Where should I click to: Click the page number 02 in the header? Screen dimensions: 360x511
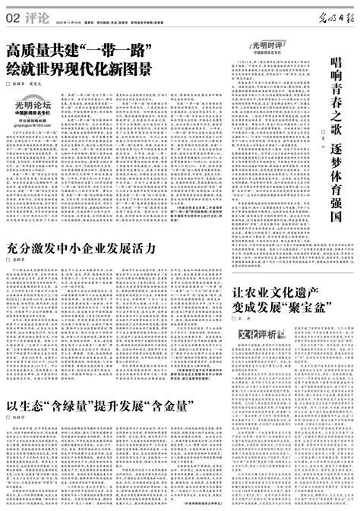(x=13, y=16)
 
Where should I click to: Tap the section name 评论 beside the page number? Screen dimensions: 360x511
(x=34, y=16)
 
